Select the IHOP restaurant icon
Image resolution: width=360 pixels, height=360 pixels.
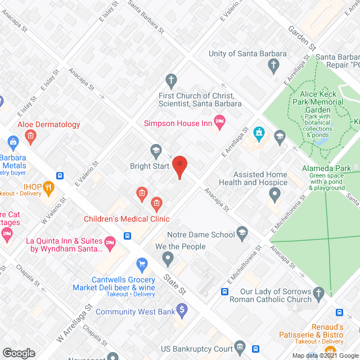click(x=49, y=190)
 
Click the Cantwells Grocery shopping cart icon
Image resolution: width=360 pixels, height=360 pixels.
click(x=142, y=263)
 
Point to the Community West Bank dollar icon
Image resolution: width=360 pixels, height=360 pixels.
click(x=181, y=309)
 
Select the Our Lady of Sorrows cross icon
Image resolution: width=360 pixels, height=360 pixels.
click(x=318, y=292)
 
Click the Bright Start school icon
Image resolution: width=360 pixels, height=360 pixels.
click(x=156, y=150)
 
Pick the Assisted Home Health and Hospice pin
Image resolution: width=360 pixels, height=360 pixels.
click(x=274, y=195)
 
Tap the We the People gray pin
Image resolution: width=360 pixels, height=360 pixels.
click(x=168, y=259)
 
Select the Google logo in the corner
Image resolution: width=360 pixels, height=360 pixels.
click(x=19, y=353)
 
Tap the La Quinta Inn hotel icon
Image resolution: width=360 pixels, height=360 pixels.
click(x=110, y=242)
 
